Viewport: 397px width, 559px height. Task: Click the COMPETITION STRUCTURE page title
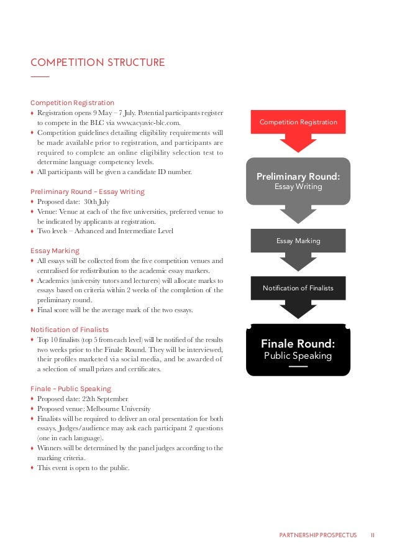point(98,63)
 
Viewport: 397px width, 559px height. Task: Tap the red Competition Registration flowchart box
point(298,122)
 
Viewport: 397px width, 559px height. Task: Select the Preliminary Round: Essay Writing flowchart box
point(298,181)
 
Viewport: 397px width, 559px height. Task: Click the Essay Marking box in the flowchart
point(298,241)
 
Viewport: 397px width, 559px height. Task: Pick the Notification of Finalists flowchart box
point(298,288)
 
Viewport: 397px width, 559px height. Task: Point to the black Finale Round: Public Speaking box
point(298,349)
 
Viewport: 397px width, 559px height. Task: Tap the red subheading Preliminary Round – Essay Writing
point(87,192)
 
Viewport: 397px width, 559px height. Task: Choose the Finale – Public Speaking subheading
point(71,389)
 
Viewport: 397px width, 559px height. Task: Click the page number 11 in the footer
point(372,534)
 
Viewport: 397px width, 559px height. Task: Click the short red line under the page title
point(39,76)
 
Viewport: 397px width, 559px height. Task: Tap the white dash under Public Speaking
point(298,366)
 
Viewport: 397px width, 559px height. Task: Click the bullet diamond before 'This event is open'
point(32,468)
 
